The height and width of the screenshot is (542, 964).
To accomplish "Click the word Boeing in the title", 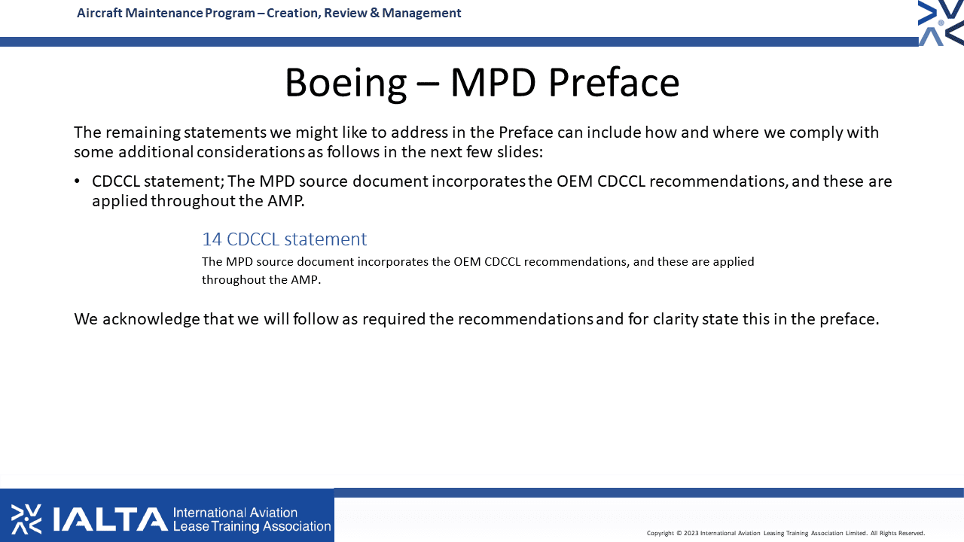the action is (x=346, y=84).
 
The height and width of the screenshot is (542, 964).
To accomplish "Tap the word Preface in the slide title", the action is (x=614, y=82).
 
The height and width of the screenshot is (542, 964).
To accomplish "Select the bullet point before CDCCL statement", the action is (x=77, y=181).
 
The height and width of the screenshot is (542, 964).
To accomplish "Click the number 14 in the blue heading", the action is (x=212, y=239).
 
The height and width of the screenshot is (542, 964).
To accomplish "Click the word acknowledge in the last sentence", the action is (x=151, y=319).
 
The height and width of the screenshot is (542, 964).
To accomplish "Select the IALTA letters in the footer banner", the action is (x=111, y=519).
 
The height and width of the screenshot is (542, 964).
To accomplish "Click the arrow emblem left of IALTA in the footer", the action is (x=26, y=519).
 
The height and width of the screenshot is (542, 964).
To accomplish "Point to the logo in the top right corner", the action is (x=941, y=23).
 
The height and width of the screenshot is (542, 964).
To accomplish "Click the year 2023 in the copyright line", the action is (x=691, y=533).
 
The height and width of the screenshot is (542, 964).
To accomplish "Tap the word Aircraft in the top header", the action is (x=99, y=13).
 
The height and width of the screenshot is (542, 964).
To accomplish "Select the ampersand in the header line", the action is (x=374, y=13).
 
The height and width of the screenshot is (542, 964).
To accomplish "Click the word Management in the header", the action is (x=421, y=14).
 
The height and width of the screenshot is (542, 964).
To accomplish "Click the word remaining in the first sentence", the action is (x=143, y=132).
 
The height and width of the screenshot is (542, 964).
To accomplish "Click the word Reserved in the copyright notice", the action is (x=911, y=533).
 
